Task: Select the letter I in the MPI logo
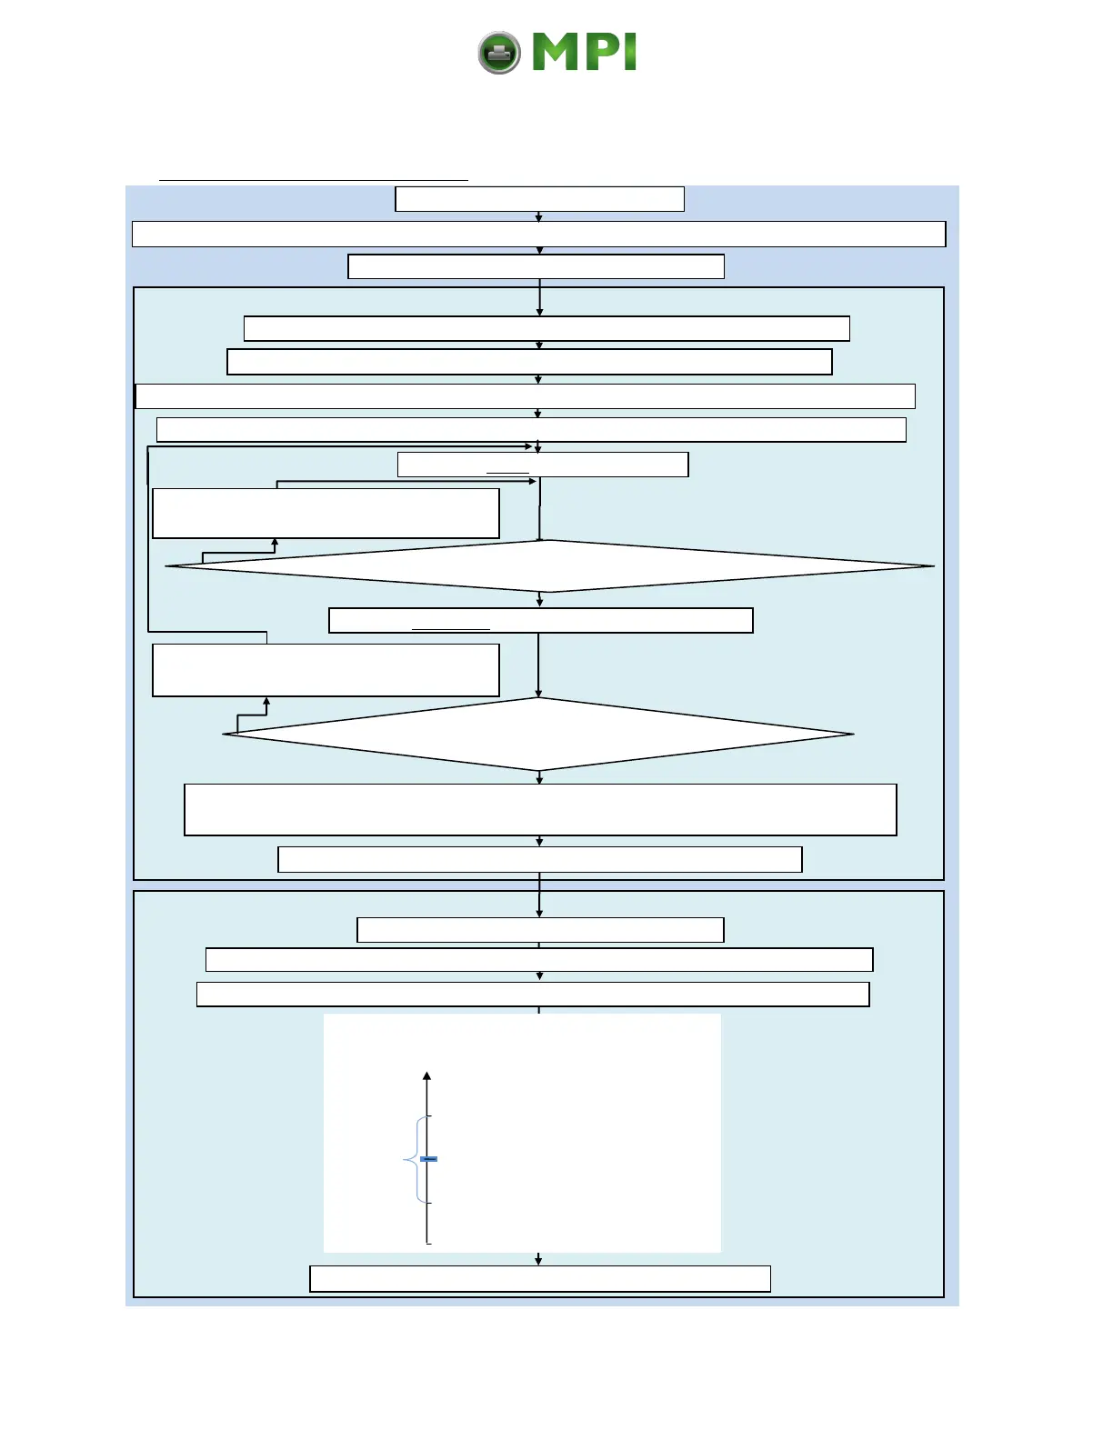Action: click(x=629, y=53)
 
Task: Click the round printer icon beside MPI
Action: click(x=499, y=53)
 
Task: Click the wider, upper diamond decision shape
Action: click(x=549, y=566)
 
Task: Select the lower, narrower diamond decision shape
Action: click(x=538, y=734)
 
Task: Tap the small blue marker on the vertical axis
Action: click(x=429, y=1159)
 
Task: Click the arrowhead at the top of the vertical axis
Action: click(x=427, y=1077)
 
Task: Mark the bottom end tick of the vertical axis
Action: click(x=428, y=1243)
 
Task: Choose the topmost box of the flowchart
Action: click(x=539, y=199)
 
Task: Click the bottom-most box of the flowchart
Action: click(x=540, y=1278)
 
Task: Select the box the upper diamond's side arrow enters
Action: click(x=326, y=514)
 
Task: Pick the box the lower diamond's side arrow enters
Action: click(x=326, y=670)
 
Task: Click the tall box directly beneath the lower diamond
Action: click(x=540, y=809)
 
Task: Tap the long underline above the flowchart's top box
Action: click(x=314, y=181)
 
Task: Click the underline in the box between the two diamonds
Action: click(x=451, y=629)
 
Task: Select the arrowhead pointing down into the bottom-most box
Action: click(x=539, y=1261)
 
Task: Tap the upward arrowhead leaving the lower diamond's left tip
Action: click(x=266, y=702)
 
